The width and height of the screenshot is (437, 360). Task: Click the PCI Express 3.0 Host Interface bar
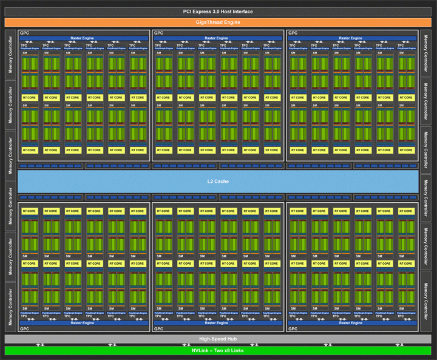pos(218,12)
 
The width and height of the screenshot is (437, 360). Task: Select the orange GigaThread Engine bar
pos(218,22)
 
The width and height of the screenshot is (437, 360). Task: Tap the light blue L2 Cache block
pos(218,182)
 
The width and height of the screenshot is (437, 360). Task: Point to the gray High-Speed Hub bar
pos(218,339)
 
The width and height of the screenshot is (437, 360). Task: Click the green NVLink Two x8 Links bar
pos(218,350)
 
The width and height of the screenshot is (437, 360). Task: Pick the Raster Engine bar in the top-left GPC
pos(84,38)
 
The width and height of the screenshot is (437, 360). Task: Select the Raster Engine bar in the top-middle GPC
pos(218,38)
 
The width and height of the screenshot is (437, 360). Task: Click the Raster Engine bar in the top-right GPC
pos(352,38)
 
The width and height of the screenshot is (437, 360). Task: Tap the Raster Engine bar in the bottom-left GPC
pos(84,323)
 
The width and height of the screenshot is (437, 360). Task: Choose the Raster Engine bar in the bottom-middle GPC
pos(218,323)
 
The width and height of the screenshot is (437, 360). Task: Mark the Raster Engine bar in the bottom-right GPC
pos(352,323)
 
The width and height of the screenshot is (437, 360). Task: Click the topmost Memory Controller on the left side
pos(10,54)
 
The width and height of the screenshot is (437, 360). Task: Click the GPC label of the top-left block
pos(24,33)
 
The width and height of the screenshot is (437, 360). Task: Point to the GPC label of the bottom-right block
pos(292,328)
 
